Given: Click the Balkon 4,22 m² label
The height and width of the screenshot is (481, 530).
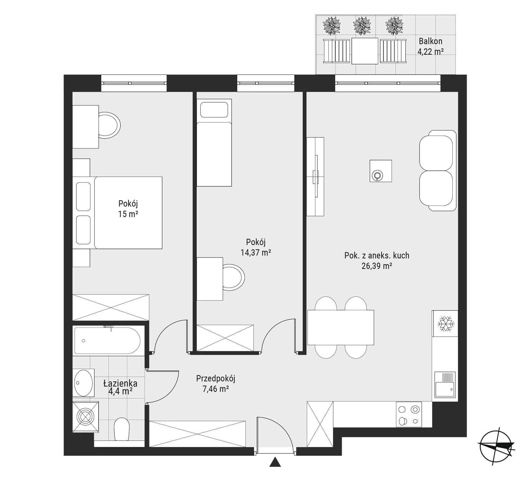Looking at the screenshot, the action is tap(430, 46).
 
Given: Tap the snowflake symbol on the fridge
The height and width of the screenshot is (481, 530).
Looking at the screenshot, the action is tap(446, 324).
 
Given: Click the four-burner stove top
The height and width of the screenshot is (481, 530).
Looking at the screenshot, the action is tap(409, 414).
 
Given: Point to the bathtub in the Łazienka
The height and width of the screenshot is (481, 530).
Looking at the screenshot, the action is tap(107, 341).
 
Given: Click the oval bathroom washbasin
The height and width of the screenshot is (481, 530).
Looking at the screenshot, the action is tap(84, 383).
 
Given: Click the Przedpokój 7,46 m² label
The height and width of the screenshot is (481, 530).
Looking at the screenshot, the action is tap(216, 384).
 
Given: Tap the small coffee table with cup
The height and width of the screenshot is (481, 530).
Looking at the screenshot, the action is tap(381, 171).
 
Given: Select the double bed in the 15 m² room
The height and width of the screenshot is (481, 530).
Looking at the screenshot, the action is tap(118, 213).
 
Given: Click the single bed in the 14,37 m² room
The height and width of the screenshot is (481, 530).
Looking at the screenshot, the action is tap(214, 142).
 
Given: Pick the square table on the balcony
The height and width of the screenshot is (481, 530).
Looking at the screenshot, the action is tap(365, 51).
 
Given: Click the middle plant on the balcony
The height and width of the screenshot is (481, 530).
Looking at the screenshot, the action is tap(362, 26).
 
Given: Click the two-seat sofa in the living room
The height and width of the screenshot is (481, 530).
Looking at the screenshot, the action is tap(438, 171).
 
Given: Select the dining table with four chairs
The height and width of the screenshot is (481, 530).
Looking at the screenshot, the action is tap(341, 327).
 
